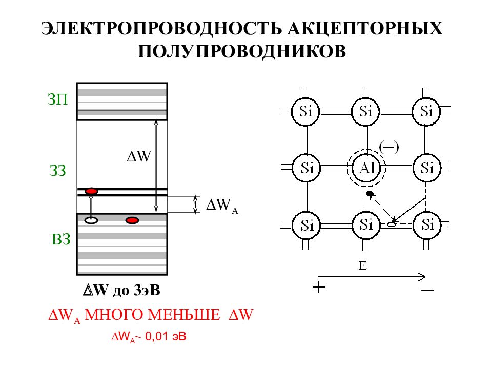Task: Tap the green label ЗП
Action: (57, 100)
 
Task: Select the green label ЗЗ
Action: (57, 171)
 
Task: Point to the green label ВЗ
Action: (60, 239)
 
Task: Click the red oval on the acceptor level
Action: (91, 191)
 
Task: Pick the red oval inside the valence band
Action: (132, 220)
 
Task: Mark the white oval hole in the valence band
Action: (91, 220)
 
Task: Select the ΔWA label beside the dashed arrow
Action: (221, 206)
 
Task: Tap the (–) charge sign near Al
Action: (388, 147)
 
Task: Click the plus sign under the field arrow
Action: (319, 287)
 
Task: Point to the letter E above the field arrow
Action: (363, 265)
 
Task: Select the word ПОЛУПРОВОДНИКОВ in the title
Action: (242, 51)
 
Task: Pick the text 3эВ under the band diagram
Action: (147, 291)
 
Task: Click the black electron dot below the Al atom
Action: (370, 194)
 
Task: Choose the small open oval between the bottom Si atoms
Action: (392, 224)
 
